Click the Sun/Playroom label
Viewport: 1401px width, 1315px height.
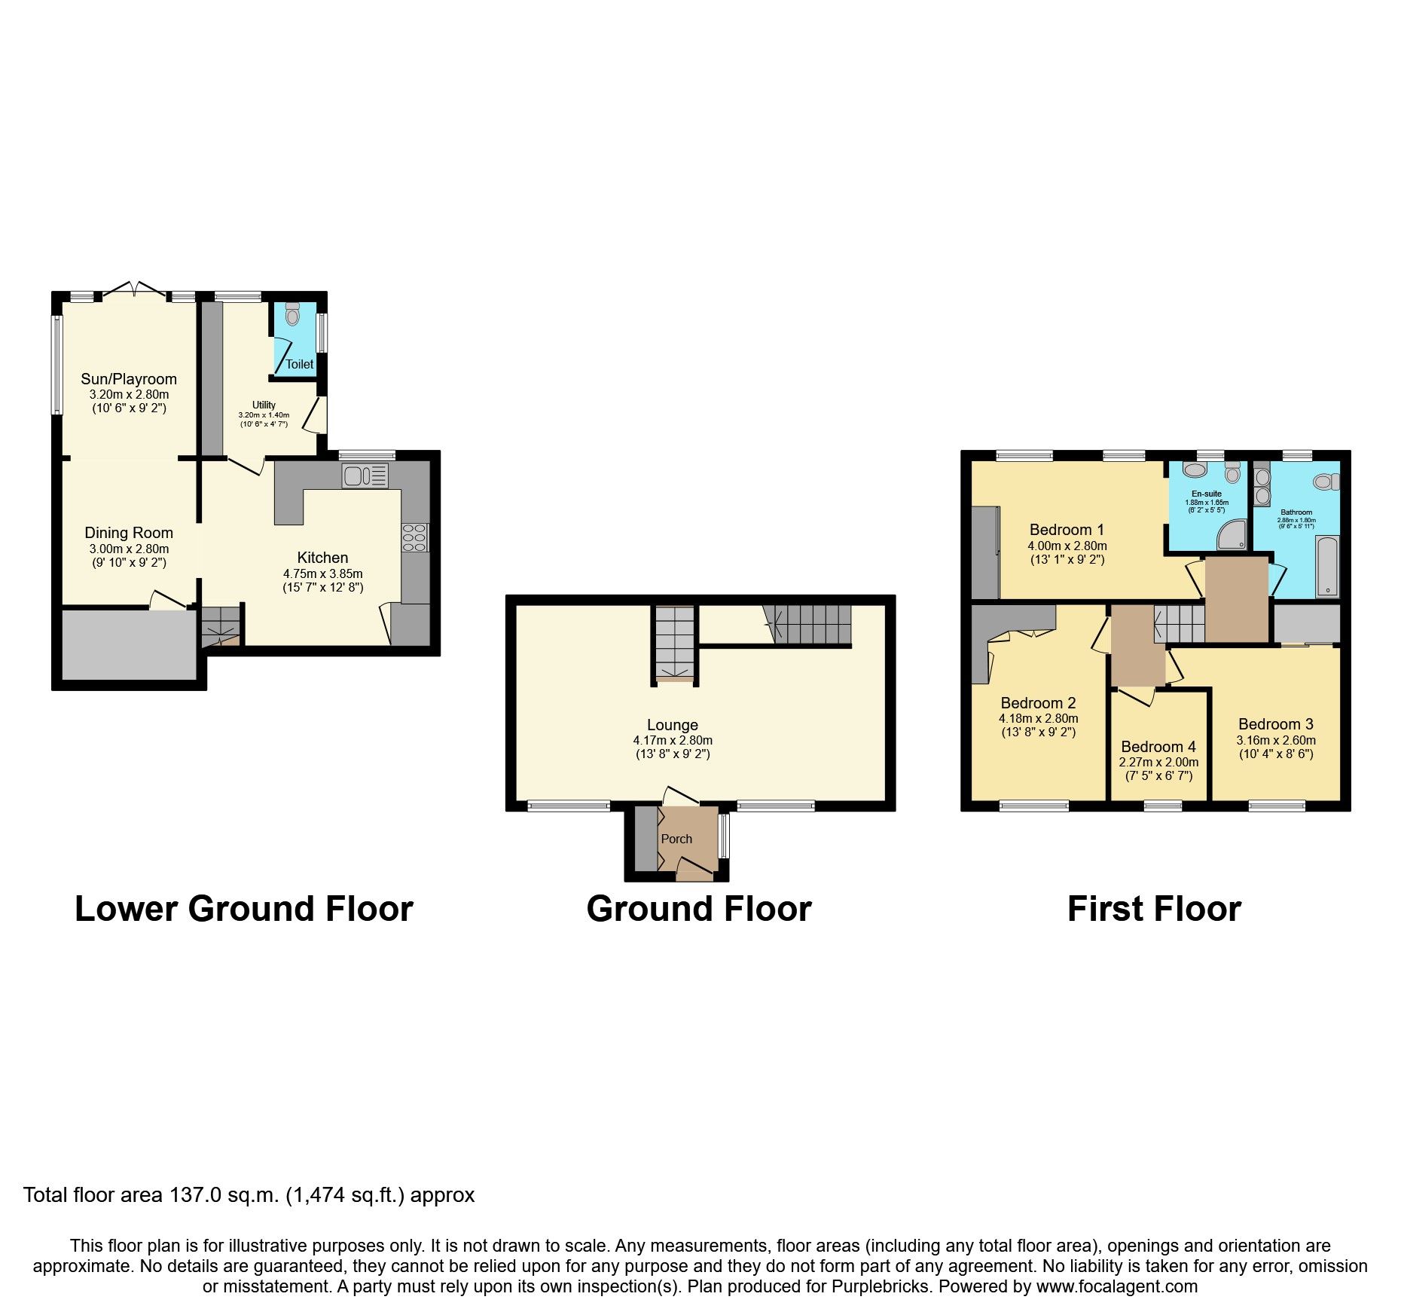point(129,379)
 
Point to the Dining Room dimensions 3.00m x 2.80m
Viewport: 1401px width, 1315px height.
point(129,549)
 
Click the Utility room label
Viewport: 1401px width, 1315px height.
point(264,405)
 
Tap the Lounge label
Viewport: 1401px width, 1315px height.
point(673,725)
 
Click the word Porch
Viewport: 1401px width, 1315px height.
point(676,839)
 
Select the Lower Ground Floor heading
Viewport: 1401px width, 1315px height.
point(244,909)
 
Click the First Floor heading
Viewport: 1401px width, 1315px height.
point(1154,909)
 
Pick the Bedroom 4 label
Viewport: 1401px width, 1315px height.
point(1158,747)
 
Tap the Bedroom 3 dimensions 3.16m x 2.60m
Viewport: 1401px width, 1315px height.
point(1276,740)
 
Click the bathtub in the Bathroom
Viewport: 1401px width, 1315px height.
point(1328,566)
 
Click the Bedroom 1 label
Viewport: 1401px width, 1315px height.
point(1067,530)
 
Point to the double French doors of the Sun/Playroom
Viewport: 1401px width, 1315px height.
point(133,290)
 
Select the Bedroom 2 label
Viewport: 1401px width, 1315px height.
point(1038,703)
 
